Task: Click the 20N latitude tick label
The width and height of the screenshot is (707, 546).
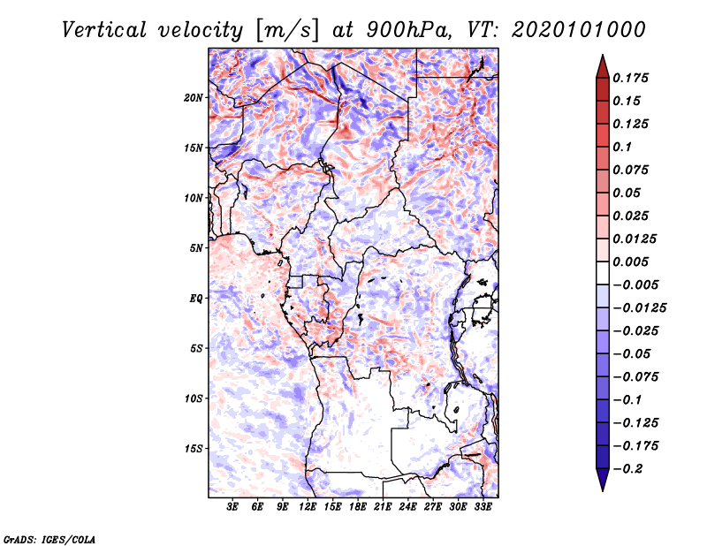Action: [x=193, y=98]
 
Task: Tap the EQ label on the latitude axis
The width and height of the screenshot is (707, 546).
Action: [x=195, y=299]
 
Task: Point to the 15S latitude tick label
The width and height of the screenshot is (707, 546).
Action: [x=193, y=449]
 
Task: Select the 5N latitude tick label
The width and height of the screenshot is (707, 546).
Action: [x=195, y=248]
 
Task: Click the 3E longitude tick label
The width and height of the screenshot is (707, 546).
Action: [x=232, y=507]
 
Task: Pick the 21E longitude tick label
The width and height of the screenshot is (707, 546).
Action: [x=383, y=507]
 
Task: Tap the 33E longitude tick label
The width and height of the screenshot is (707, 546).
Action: [x=483, y=507]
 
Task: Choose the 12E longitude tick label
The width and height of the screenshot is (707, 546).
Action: [x=308, y=507]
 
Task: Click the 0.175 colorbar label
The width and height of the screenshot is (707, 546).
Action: [x=630, y=78]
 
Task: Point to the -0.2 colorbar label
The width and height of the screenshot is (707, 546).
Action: [x=627, y=469]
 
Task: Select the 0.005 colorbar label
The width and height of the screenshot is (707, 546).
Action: [x=630, y=262]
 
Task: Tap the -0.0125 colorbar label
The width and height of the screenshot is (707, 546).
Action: [x=639, y=308]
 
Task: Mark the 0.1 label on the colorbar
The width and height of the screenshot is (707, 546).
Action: [x=622, y=147]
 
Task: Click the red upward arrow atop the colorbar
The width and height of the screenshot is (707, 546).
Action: [x=603, y=66]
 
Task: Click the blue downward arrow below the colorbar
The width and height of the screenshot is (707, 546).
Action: [x=603, y=480]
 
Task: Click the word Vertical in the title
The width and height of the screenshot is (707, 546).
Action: [x=104, y=30]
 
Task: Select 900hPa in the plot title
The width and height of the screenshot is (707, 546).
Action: [x=409, y=30]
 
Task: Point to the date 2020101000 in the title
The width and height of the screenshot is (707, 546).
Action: [x=579, y=30]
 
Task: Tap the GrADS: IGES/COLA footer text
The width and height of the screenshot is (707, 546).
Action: [x=49, y=540]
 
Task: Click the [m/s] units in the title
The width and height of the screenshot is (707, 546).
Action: [x=287, y=31]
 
